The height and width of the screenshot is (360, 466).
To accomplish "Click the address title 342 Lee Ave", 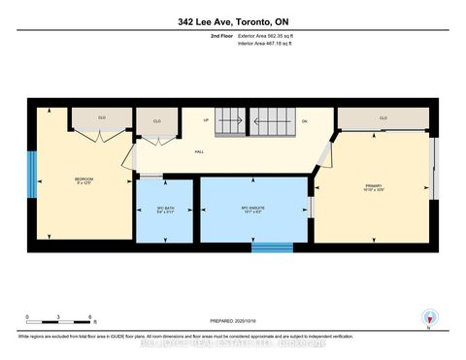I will (232, 21).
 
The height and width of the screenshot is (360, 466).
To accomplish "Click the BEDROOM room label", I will (84, 179).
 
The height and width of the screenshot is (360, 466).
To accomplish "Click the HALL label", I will (198, 150).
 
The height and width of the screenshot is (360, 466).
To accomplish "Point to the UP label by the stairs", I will (206, 121).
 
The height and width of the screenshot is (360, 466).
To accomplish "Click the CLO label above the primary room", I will (383, 118).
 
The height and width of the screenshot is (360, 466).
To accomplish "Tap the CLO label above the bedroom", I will (101, 118).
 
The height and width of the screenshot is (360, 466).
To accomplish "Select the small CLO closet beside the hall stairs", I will (156, 121).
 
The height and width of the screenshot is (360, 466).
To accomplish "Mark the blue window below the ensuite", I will (272, 246).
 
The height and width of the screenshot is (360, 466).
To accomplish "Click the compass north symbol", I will (427, 317).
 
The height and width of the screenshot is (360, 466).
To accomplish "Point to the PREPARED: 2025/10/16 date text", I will (232, 321).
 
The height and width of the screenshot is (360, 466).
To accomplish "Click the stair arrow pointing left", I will (232, 124).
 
